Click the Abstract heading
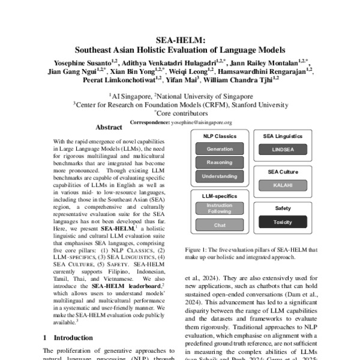(x=109, y=127)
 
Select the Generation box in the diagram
(x=219, y=149)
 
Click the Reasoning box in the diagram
(x=219, y=163)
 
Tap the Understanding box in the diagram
(x=219, y=176)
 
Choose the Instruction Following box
(x=219, y=208)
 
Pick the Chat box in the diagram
(x=219, y=225)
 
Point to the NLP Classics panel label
(x=219, y=136)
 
